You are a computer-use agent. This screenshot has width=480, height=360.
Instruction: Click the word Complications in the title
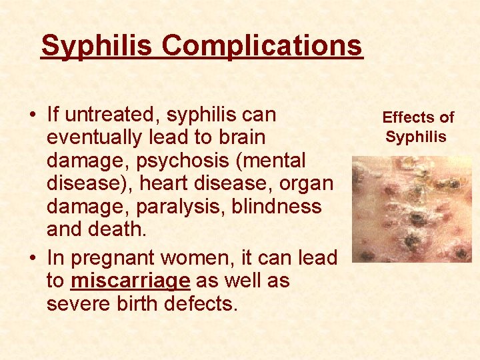pyautogui.click(x=261, y=45)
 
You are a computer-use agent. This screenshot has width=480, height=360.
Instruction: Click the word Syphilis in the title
pyautogui.click(x=97, y=45)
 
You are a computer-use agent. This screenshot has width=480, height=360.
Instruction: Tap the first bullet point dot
pyautogui.click(x=32, y=115)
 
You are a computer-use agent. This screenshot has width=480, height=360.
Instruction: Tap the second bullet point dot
pyautogui.click(x=32, y=258)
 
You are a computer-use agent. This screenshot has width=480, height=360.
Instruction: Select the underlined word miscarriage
pyautogui.click(x=130, y=281)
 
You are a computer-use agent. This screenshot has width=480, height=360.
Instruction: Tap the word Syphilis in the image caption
pyautogui.click(x=416, y=137)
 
